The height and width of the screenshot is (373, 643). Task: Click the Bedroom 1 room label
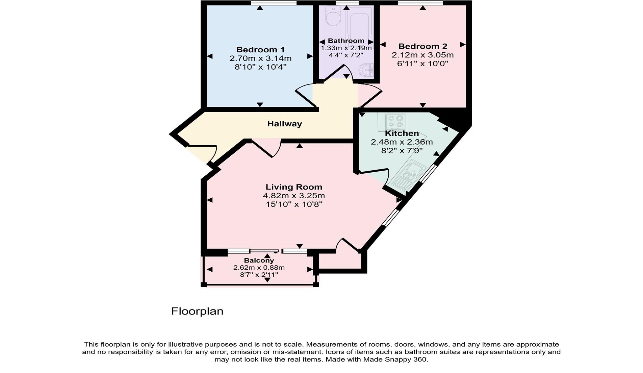point(260,50)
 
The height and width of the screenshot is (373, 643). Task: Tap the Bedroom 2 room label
point(422,46)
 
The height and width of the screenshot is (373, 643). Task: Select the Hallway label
point(284,124)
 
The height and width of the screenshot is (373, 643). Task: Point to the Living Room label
point(294,187)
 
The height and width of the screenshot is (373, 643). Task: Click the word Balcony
point(259,260)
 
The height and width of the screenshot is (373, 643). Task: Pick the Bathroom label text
point(346,41)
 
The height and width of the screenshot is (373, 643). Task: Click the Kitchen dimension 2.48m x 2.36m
point(402,142)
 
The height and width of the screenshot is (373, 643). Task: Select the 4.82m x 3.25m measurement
point(294,196)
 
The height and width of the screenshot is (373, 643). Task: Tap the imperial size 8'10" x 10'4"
point(260,67)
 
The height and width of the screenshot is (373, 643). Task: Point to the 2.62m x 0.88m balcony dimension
point(259,268)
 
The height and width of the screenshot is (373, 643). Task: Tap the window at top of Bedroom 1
point(274,3)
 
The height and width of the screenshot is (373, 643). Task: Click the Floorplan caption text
point(197,311)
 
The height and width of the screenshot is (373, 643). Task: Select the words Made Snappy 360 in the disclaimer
point(395,359)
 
